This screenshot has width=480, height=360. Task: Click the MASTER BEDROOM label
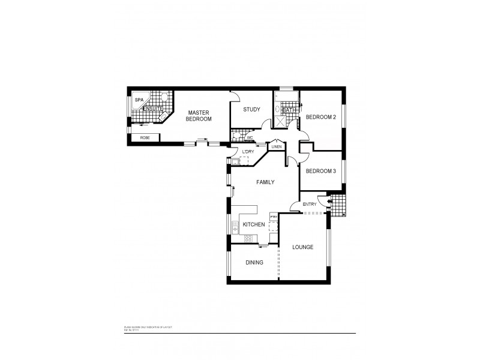[x=199, y=116]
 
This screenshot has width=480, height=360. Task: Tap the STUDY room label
[x=251, y=109]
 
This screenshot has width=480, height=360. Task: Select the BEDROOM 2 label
[x=320, y=116]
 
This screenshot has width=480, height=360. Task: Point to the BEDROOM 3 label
[x=320, y=171]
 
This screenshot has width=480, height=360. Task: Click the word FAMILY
[x=265, y=181]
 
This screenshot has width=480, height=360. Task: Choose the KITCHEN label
[x=254, y=224]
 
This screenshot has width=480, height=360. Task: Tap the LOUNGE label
[x=303, y=247]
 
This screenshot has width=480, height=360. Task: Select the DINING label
[x=254, y=262]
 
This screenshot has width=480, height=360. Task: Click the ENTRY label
[x=310, y=205]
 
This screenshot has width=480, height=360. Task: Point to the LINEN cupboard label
[x=276, y=146]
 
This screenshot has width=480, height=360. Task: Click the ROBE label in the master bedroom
[x=145, y=138]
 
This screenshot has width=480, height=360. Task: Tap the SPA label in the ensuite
[x=139, y=100]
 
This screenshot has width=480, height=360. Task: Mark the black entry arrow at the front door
[x=325, y=202]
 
